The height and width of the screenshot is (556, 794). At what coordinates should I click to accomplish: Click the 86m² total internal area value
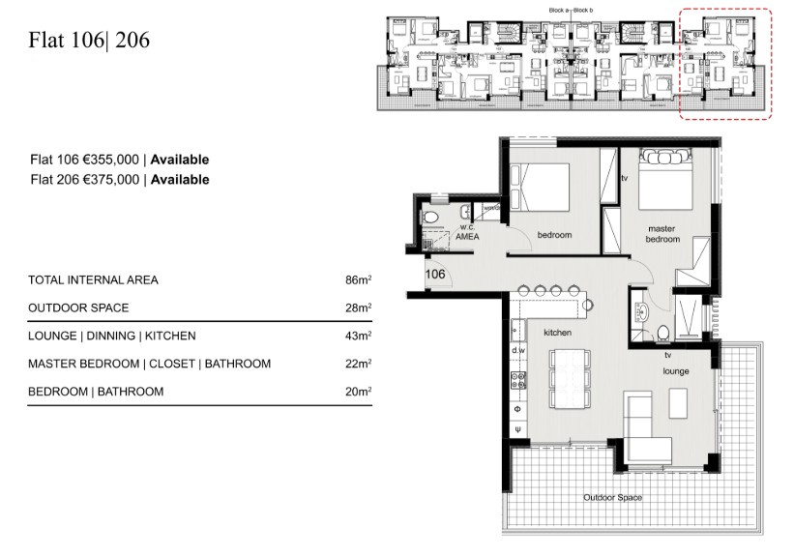(x=358, y=280)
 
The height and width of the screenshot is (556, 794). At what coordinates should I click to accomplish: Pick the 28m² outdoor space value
(x=358, y=308)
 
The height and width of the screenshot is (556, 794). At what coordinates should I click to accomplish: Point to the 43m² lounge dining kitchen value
(x=358, y=337)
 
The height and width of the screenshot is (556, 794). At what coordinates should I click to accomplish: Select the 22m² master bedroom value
(x=358, y=365)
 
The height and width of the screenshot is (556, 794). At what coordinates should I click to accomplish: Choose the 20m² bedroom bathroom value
(x=358, y=393)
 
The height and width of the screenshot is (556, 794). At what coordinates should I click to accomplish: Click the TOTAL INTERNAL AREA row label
(x=94, y=280)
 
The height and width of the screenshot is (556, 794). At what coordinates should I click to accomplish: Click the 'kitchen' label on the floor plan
(x=558, y=332)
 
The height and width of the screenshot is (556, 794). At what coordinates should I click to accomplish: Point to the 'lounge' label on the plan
(x=674, y=369)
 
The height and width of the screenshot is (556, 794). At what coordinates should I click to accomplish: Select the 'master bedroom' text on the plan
(x=664, y=234)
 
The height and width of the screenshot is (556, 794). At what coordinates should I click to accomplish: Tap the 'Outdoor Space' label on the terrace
(x=611, y=498)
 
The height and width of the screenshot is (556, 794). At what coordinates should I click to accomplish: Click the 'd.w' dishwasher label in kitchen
(x=518, y=350)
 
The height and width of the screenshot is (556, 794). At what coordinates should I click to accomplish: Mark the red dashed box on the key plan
(x=724, y=64)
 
